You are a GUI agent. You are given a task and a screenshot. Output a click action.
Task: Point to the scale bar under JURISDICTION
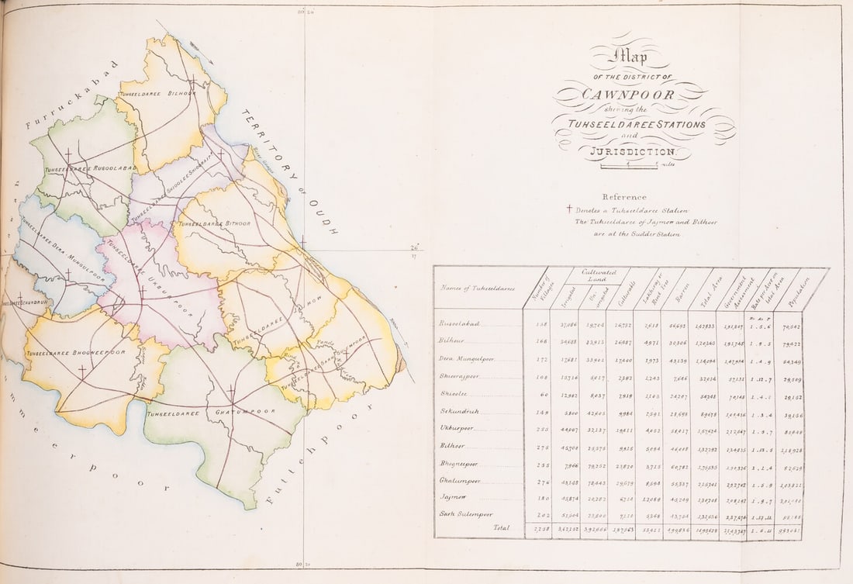[628, 164]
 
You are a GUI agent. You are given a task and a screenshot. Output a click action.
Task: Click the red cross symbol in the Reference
[569, 209]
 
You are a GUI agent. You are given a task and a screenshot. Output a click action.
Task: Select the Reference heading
[624, 197]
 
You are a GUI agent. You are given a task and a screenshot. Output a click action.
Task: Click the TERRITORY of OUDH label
[290, 171]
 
